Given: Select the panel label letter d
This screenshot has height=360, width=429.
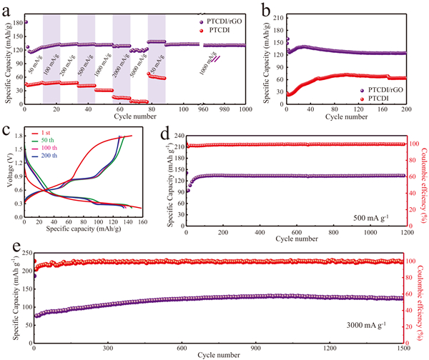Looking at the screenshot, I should [x=164, y=131].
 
